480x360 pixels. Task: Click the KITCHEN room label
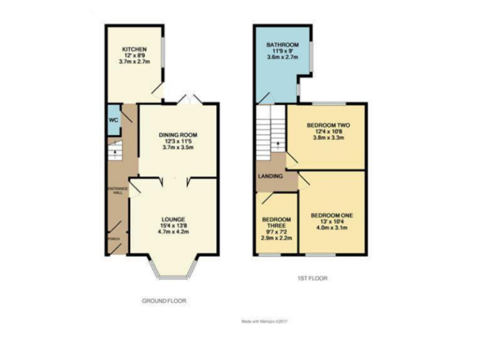coord(134,48)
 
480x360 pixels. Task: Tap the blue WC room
coord(113,121)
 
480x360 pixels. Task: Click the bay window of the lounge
coord(172,267)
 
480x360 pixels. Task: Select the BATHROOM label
coord(282,45)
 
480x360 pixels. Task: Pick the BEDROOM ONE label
coord(332,215)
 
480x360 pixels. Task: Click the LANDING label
coord(269,177)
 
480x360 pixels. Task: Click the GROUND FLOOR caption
coord(164,301)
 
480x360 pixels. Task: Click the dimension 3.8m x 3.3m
coord(324,137)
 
